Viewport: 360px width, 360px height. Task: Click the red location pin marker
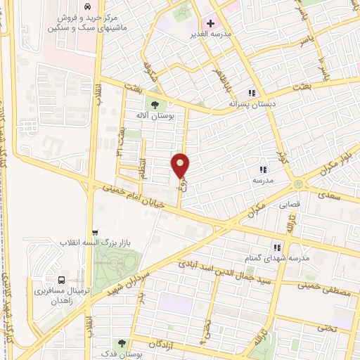(x=181, y=165)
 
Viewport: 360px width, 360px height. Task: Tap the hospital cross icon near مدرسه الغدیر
(x=210, y=23)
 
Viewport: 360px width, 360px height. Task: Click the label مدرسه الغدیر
(x=209, y=34)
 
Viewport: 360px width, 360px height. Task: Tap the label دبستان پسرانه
(x=250, y=103)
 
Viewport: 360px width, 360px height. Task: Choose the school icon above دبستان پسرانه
(x=251, y=93)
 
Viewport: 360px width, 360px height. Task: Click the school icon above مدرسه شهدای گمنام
(x=278, y=247)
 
